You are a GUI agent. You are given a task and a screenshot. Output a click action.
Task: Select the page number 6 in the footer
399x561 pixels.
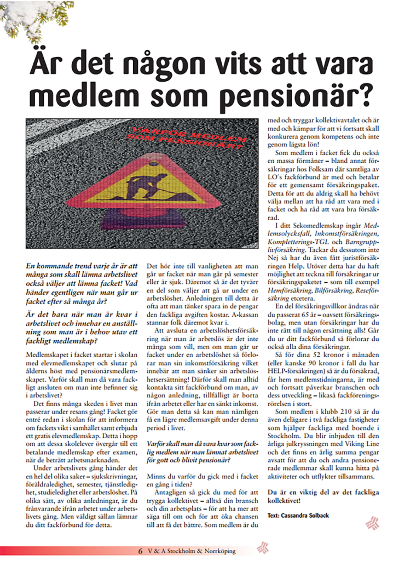pyautogui.click(x=141, y=551)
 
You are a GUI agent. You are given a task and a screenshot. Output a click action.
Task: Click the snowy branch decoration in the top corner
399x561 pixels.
pyautogui.click(x=25, y=19)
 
